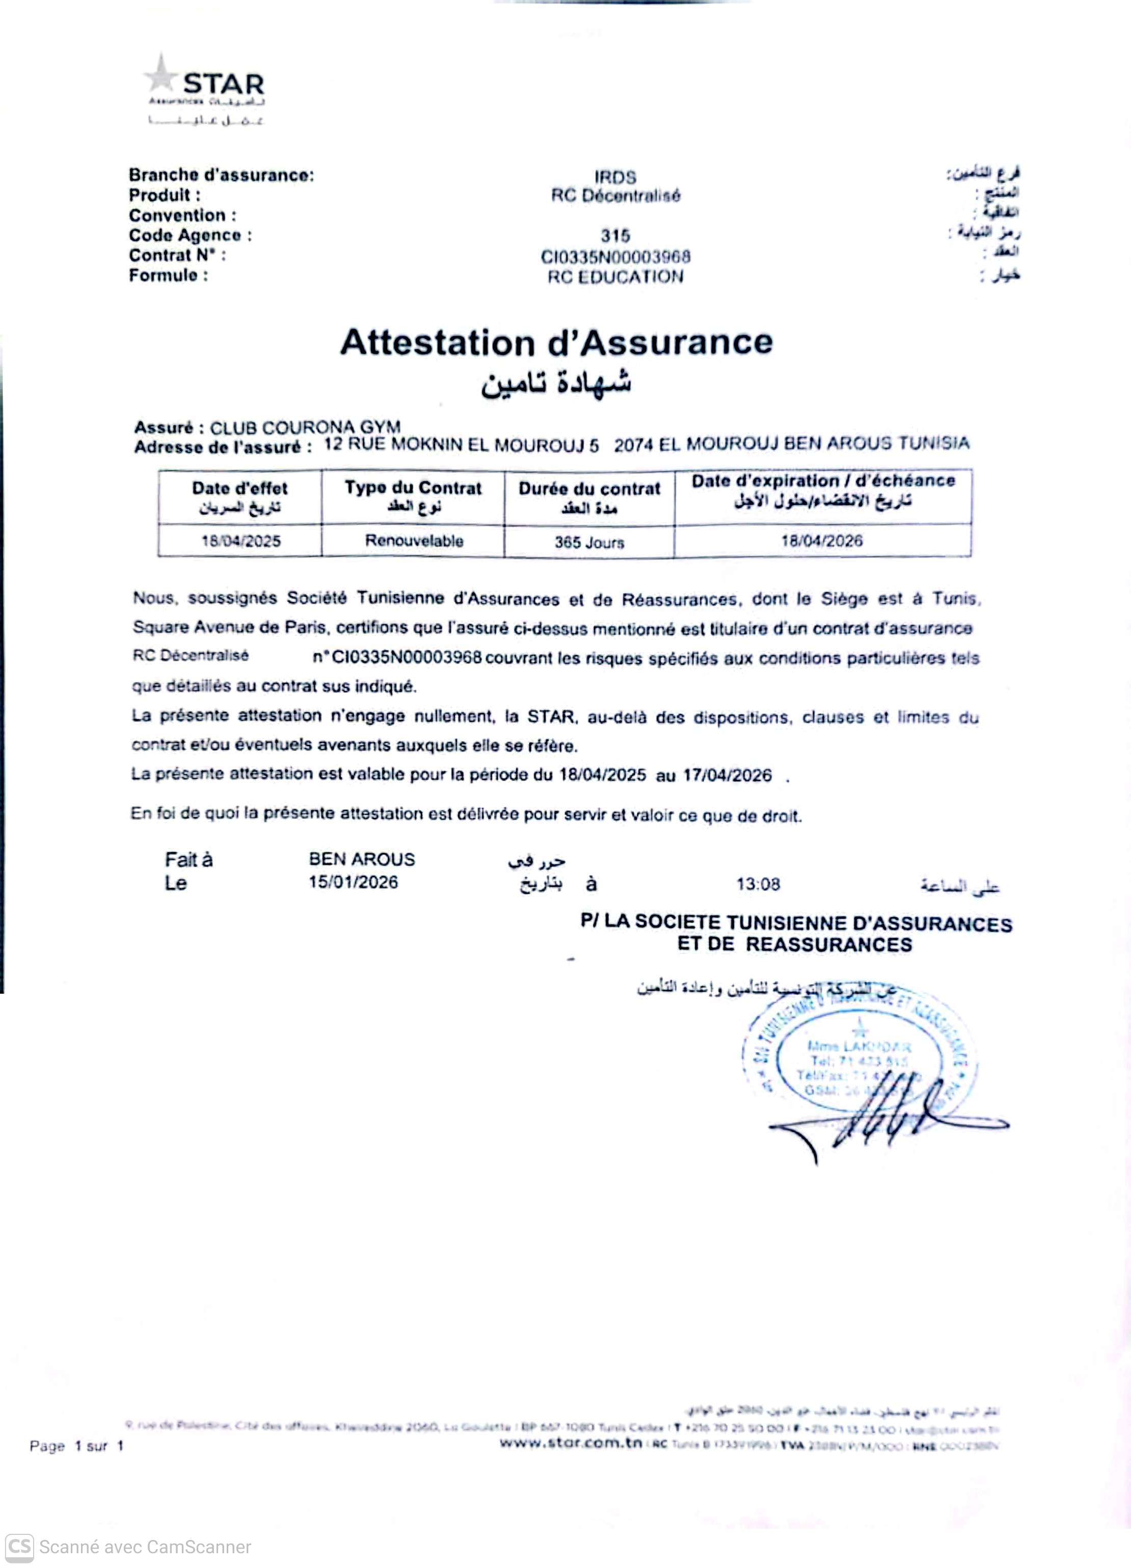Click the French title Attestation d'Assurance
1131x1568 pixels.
pyautogui.click(x=556, y=342)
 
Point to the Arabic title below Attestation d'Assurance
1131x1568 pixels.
pyautogui.click(x=556, y=382)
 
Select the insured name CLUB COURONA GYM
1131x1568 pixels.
pyautogui.click(x=305, y=427)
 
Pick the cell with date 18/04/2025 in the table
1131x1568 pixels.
pyautogui.click(x=240, y=541)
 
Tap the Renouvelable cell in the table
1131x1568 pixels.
pyautogui.click(x=413, y=541)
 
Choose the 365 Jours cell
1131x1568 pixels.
pyautogui.click(x=589, y=542)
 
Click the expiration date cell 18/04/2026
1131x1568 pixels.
pyautogui.click(x=821, y=541)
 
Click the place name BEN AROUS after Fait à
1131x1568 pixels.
pyautogui.click(x=362, y=859)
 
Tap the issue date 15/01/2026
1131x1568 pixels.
pyautogui.click(x=353, y=882)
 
